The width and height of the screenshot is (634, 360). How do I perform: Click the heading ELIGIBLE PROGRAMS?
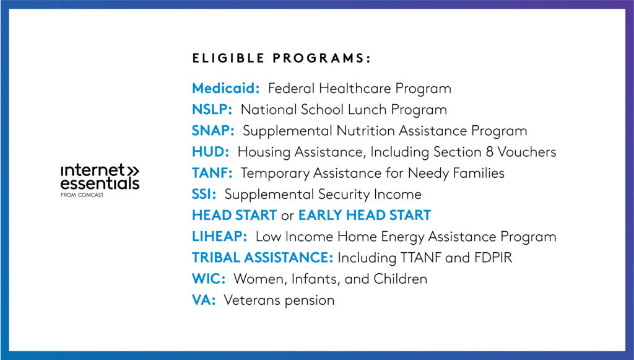tap(281, 59)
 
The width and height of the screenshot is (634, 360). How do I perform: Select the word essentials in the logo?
tap(99, 183)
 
